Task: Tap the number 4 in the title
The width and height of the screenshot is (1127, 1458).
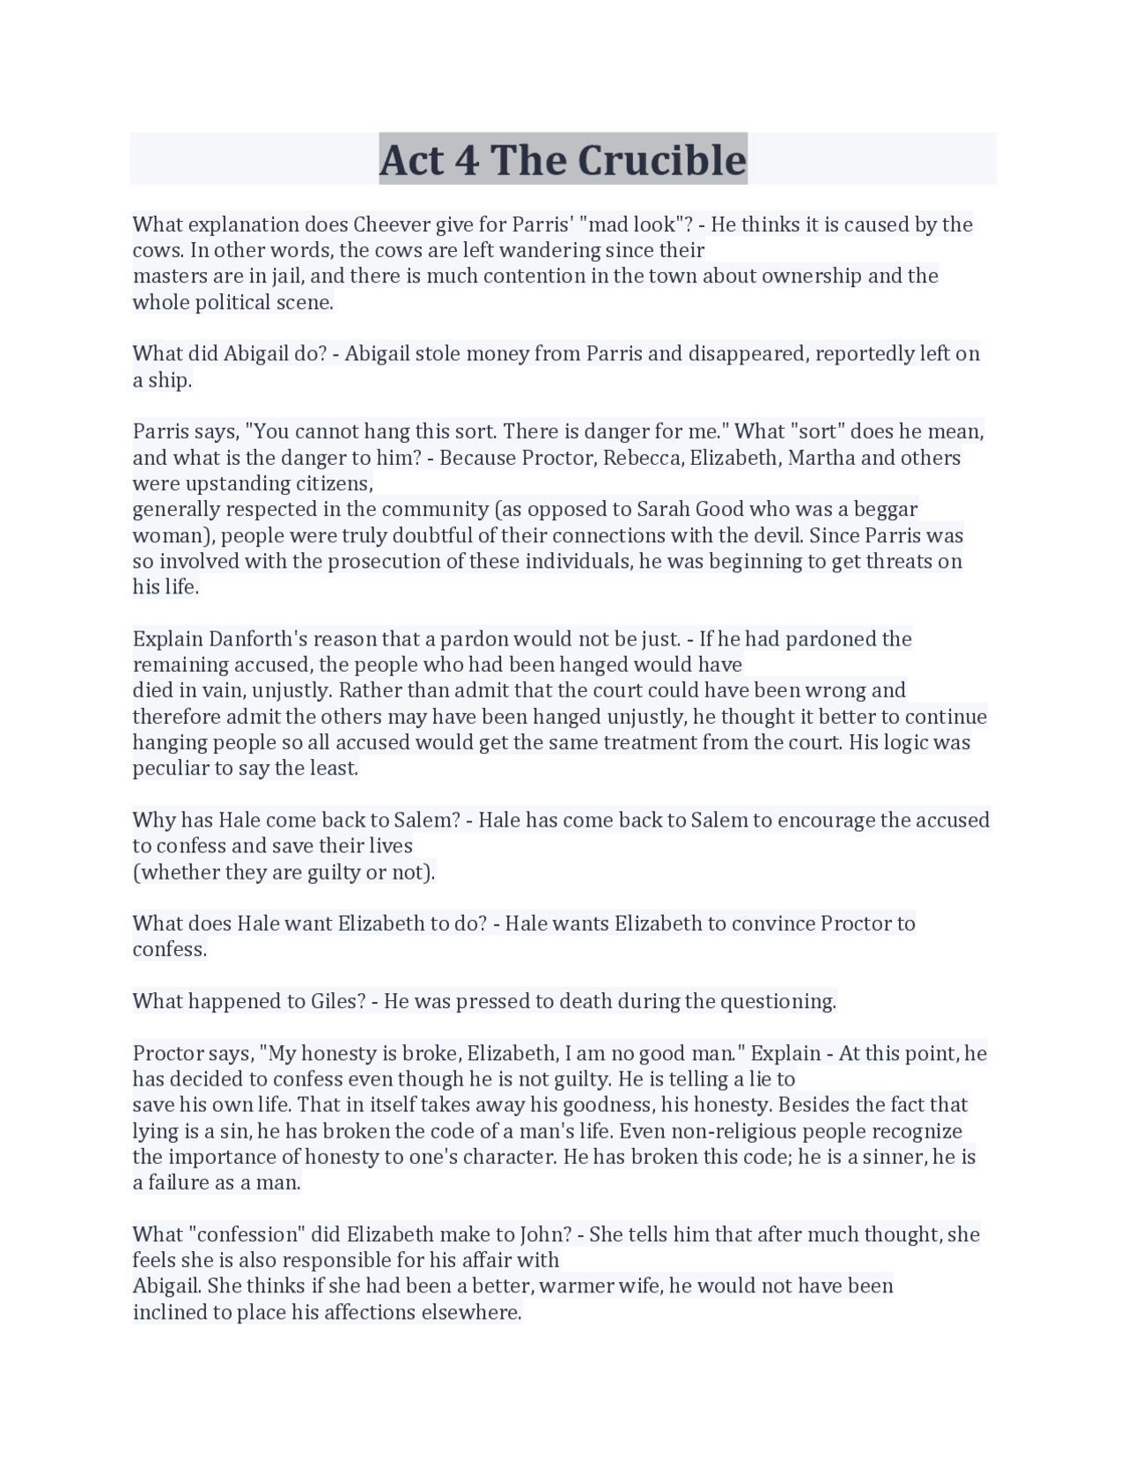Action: tap(464, 160)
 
